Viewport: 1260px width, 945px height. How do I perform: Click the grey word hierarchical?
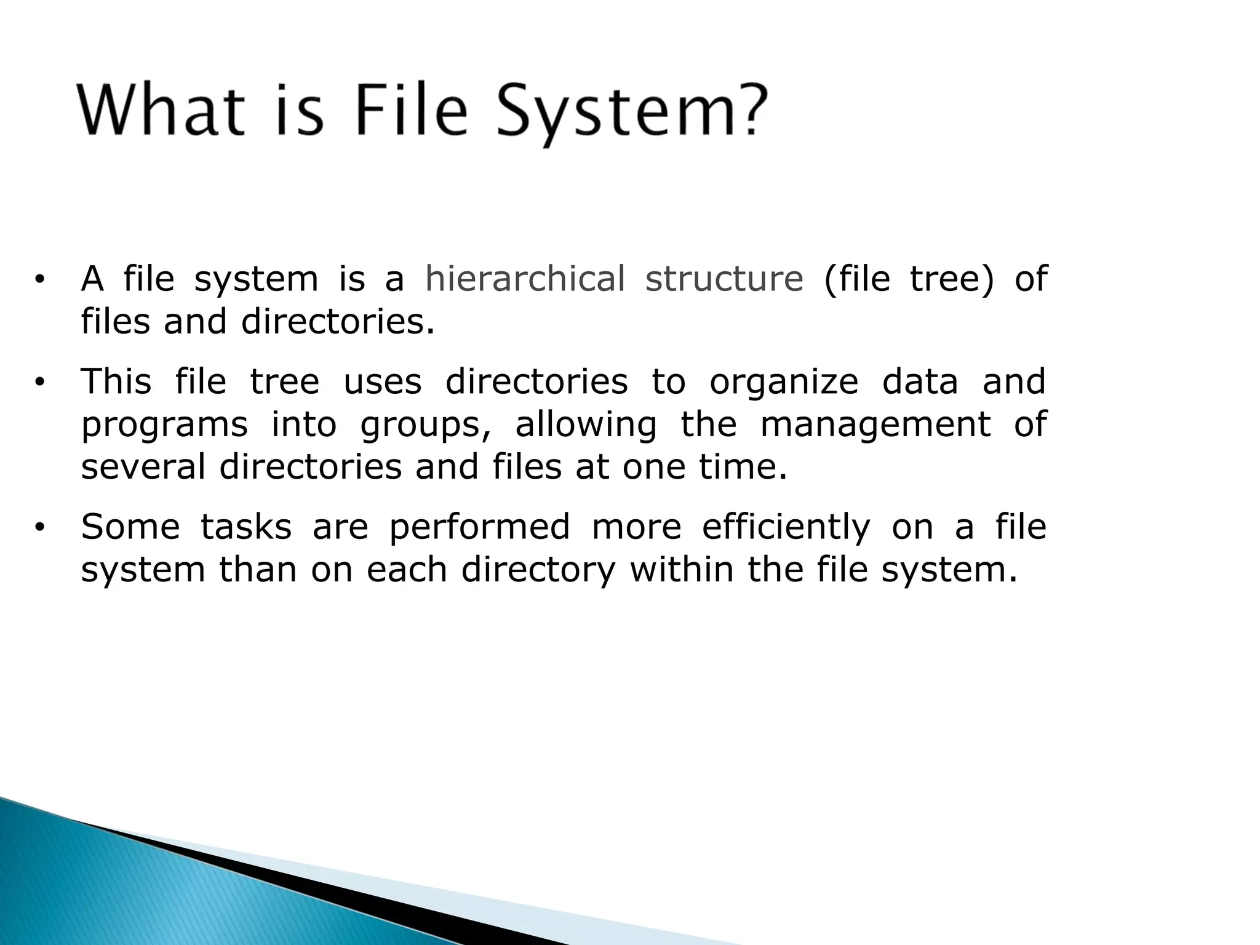pyautogui.click(x=525, y=278)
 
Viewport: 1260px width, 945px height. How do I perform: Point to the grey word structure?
pyautogui.click(x=724, y=278)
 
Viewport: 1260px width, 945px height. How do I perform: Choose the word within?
pyautogui.click(x=681, y=569)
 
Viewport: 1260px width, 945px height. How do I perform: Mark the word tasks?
pyautogui.click(x=246, y=527)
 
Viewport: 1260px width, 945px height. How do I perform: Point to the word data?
pyautogui.click(x=920, y=381)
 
